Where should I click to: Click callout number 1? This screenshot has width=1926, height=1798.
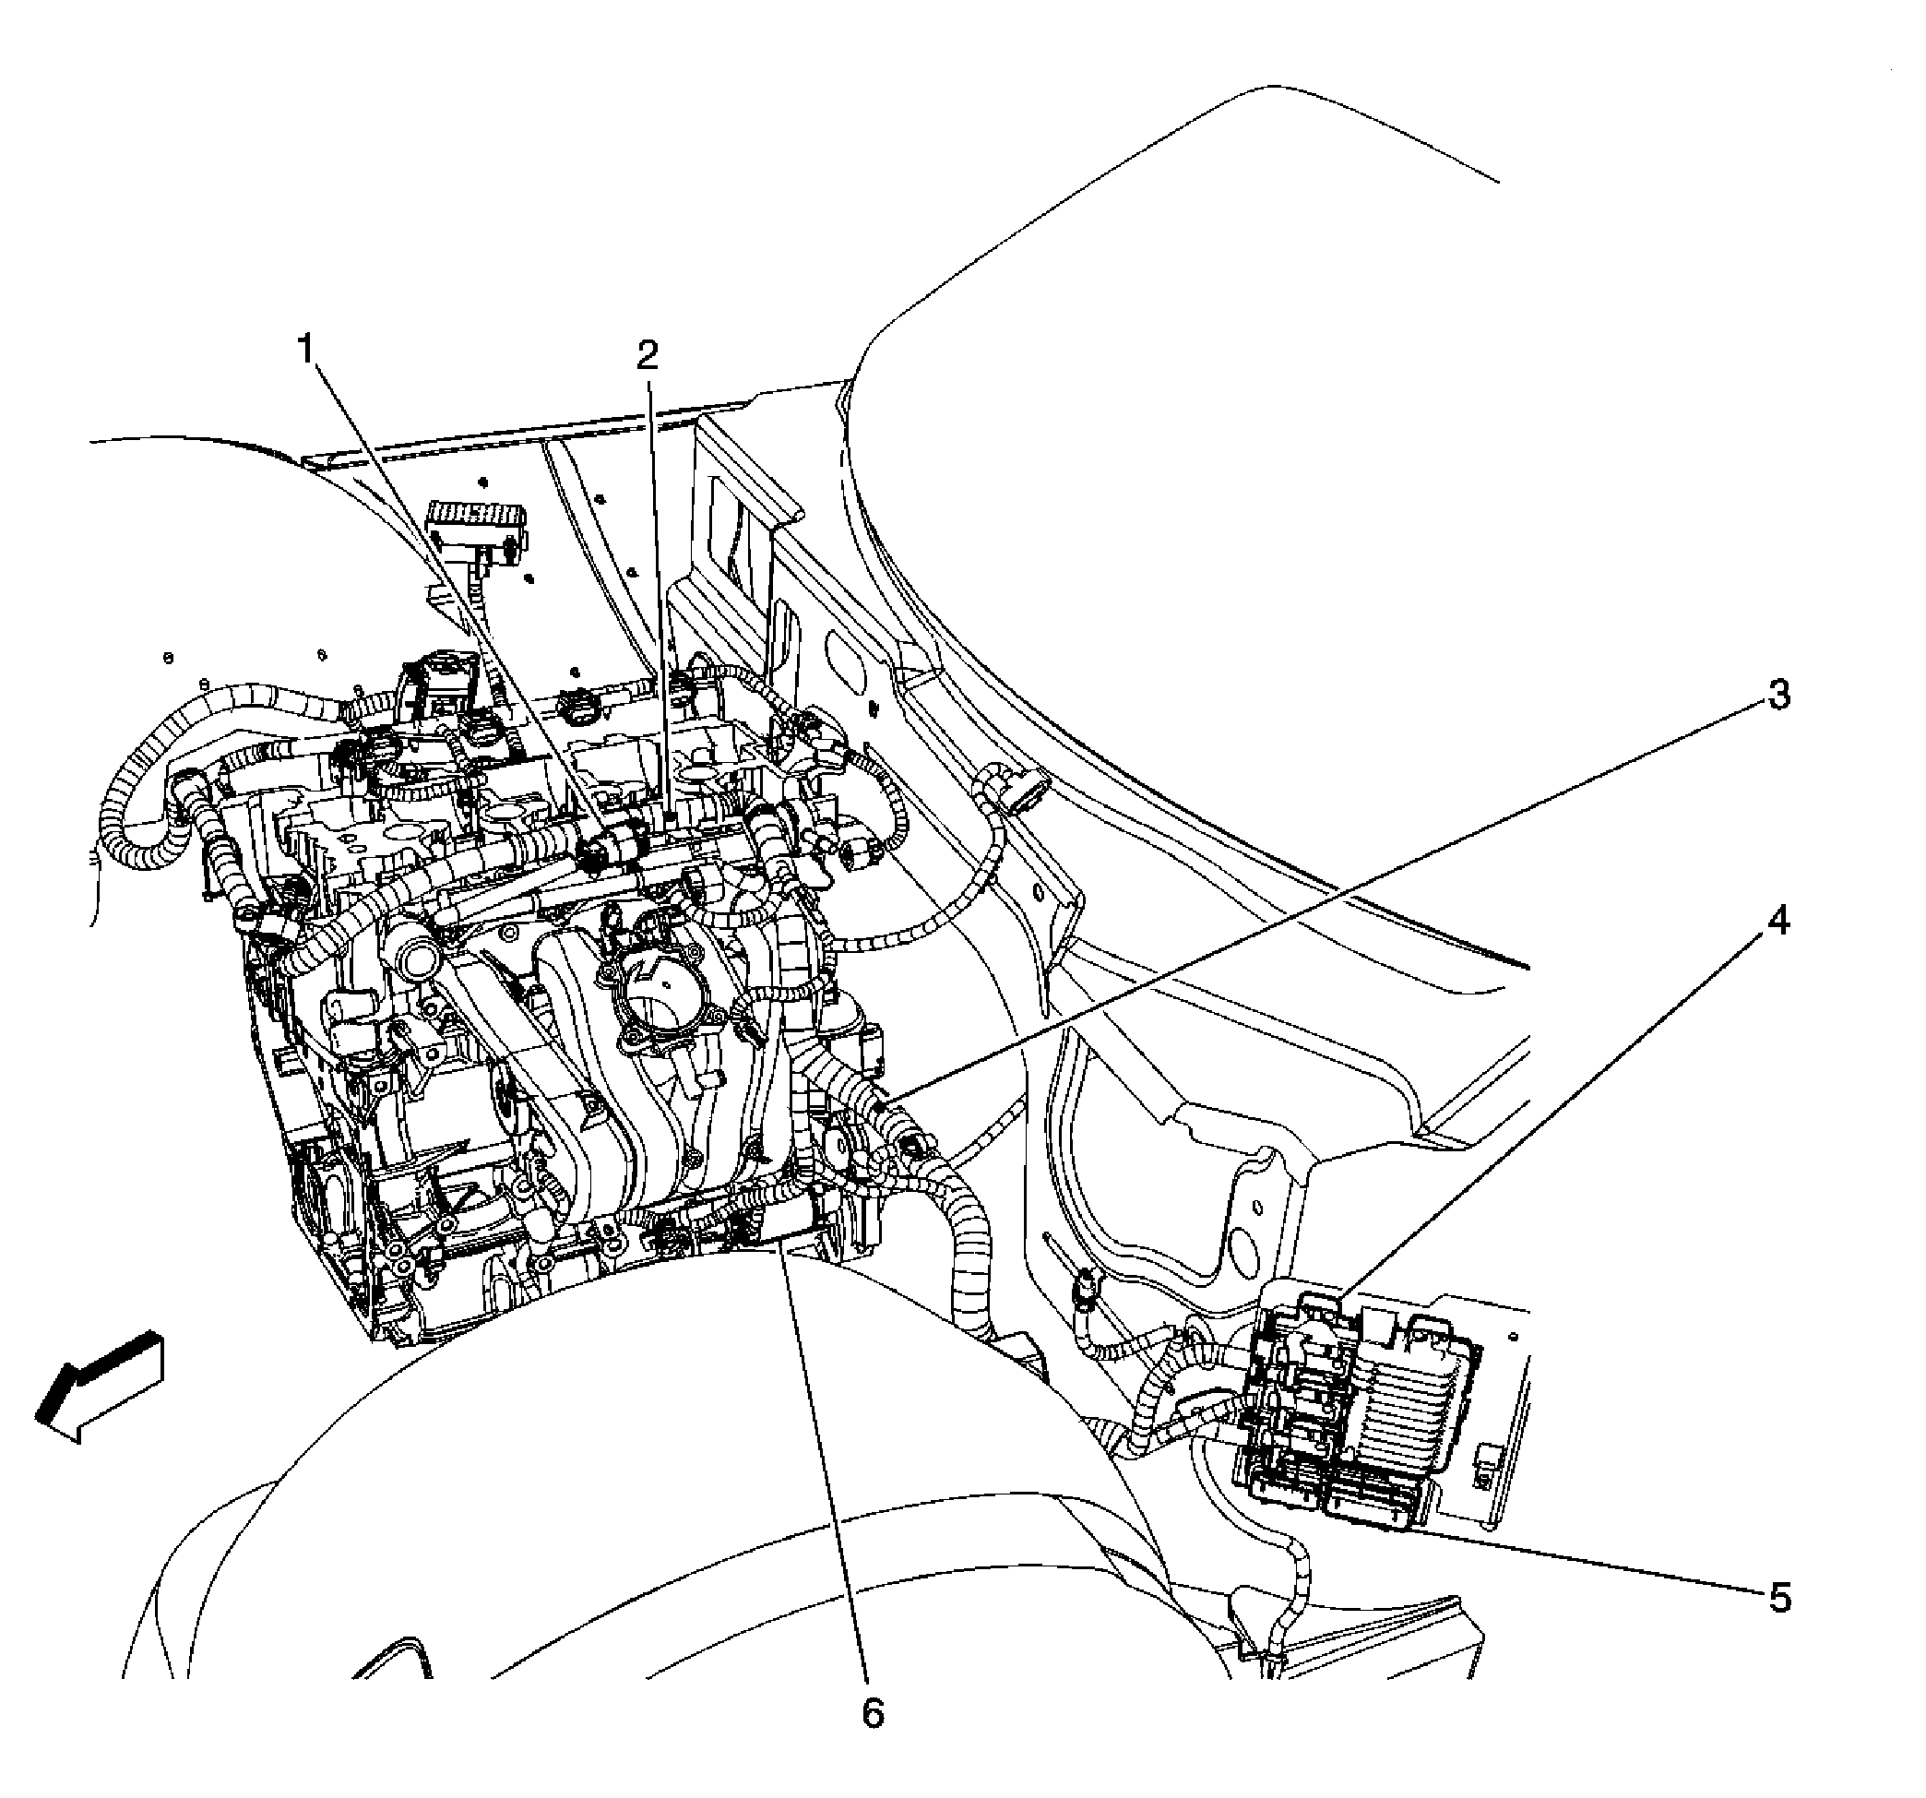(306, 349)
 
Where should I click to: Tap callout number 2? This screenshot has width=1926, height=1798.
(648, 355)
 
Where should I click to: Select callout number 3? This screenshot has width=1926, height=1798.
(1778, 695)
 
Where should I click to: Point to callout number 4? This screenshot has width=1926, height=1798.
(1778, 922)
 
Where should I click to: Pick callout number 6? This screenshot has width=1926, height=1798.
(873, 1714)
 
